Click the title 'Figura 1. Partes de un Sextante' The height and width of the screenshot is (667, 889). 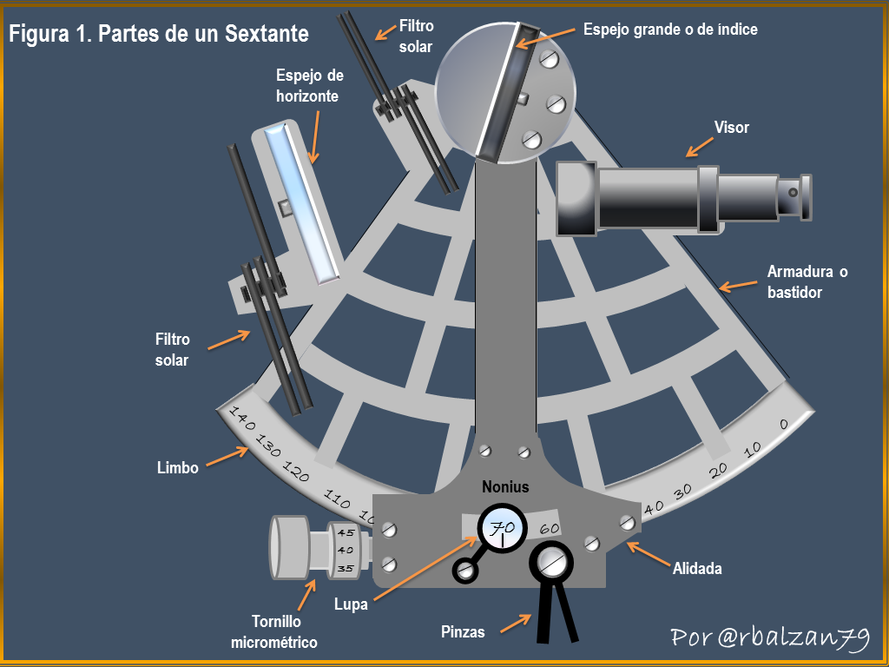pyautogui.click(x=159, y=34)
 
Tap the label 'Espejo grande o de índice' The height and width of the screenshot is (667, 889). pyautogui.click(x=670, y=30)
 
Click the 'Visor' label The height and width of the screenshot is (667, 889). pyautogui.click(x=731, y=127)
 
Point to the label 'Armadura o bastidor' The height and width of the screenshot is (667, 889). pyautogui.click(x=807, y=282)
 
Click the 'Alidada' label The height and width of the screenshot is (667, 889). pyautogui.click(x=697, y=568)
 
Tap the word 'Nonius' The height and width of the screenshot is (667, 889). pyautogui.click(x=505, y=486)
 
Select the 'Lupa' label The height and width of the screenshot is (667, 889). pyautogui.click(x=351, y=604)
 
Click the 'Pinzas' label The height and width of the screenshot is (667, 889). pyautogui.click(x=463, y=632)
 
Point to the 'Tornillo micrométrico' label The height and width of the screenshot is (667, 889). pyautogui.click(x=273, y=632)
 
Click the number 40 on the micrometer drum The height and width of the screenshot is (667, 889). pyautogui.click(x=346, y=550)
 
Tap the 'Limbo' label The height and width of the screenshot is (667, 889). pyautogui.click(x=177, y=468)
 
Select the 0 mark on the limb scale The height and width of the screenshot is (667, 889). pyautogui.click(x=784, y=424)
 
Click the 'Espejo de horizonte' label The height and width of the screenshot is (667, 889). pyautogui.click(x=310, y=86)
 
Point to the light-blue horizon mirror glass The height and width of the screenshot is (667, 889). pyautogui.click(x=303, y=202)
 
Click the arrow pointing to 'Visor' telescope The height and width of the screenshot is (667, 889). pyautogui.click(x=700, y=146)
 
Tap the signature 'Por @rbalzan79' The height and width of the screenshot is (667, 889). pyautogui.click(x=769, y=637)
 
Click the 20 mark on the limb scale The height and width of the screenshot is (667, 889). pyautogui.click(x=718, y=470)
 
